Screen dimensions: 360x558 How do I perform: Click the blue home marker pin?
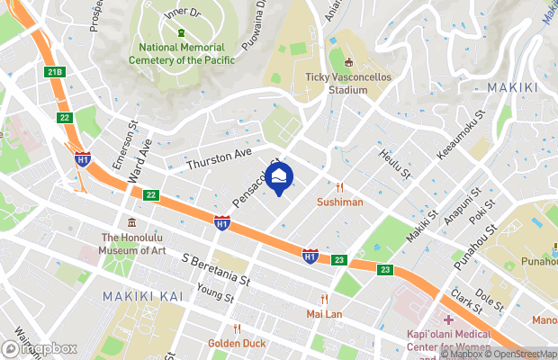tap(280, 177)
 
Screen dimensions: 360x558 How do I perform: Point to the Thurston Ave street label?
tap(219, 160)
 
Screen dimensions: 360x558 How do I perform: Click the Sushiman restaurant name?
tap(339, 202)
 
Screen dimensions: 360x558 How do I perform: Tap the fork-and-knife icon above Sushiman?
tap(339, 187)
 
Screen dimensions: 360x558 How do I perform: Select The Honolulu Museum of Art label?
tap(132, 243)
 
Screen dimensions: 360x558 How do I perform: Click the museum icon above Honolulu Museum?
tap(132, 222)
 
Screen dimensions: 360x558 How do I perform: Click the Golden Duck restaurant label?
tap(236, 343)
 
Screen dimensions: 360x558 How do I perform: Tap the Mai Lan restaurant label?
tap(324, 314)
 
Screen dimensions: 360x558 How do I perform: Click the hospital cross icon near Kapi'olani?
tap(447, 320)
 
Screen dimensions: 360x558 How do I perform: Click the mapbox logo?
tap(40, 348)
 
